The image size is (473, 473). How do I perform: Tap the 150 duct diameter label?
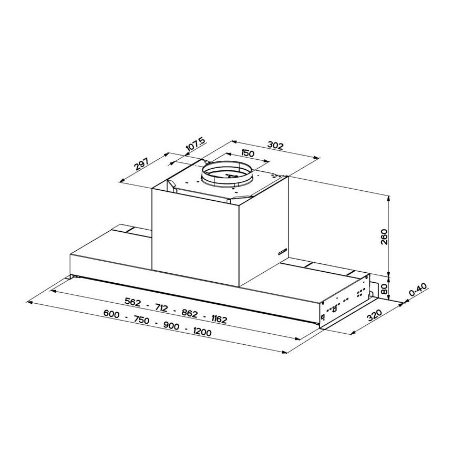(248, 153)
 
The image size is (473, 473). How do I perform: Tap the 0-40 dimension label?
(418, 291)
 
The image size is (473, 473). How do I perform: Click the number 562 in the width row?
(135, 302)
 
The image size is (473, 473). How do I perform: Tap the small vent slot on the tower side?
(281, 252)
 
